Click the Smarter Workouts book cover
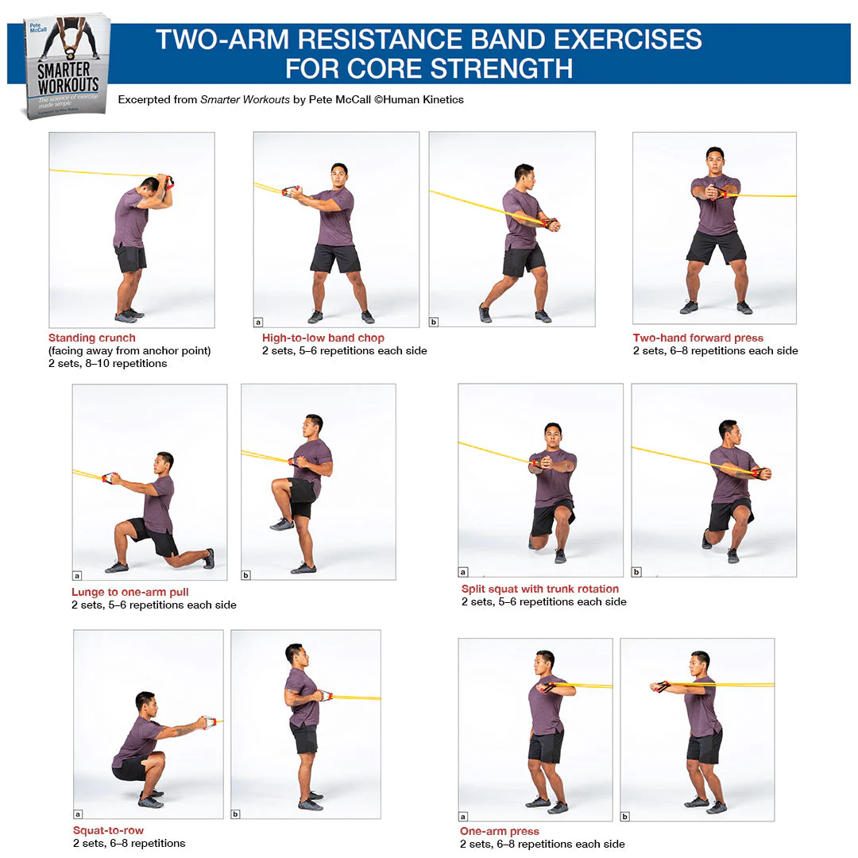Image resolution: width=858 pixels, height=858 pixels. (x=66, y=67)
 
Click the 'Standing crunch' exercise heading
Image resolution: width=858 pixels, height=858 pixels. (x=91, y=338)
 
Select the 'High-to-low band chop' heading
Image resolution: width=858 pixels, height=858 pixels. (x=323, y=338)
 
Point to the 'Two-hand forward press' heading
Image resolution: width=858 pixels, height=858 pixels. (x=698, y=338)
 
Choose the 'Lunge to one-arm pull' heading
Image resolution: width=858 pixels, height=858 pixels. (x=129, y=592)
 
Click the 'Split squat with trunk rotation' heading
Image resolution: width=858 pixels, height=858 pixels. (x=539, y=589)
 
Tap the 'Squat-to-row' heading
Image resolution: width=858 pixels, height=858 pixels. (x=108, y=830)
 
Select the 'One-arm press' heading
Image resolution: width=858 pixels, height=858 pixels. (x=499, y=831)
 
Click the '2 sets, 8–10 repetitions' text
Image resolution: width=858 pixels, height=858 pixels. (x=107, y=364)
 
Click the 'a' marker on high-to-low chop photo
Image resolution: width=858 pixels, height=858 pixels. (x=258, y=322)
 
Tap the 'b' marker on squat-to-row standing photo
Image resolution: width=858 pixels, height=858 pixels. (x=235, y=814)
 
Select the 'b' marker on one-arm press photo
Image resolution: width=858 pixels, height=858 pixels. (x=625, y=816)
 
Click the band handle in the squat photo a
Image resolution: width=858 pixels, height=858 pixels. (x=209, y=722)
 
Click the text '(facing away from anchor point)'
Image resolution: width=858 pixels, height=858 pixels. (x=128, y=350)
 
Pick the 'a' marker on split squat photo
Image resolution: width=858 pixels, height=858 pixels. (x=463, y=572)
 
